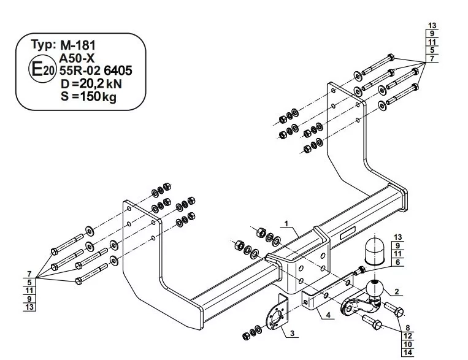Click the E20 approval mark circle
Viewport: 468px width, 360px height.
42,70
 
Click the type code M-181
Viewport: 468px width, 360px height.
78,45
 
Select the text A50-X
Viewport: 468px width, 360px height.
77,58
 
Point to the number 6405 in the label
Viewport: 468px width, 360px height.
118,71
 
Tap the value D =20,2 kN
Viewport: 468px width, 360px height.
91,83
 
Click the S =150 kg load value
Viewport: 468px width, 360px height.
88,96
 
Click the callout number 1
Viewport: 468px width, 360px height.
286,223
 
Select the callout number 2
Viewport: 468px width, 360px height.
397,291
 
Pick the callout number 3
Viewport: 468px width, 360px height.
292,333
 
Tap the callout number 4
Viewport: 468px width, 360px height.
328,315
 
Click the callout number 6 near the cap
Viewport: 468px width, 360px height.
397,262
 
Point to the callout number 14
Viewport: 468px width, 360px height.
408,353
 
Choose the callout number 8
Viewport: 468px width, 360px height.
408,328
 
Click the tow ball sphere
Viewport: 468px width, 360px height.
374,289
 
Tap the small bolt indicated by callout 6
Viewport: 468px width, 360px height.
359,270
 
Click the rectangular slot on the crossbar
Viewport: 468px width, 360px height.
347,234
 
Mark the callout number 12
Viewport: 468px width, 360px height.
408,336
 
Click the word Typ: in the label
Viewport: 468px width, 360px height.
44,45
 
